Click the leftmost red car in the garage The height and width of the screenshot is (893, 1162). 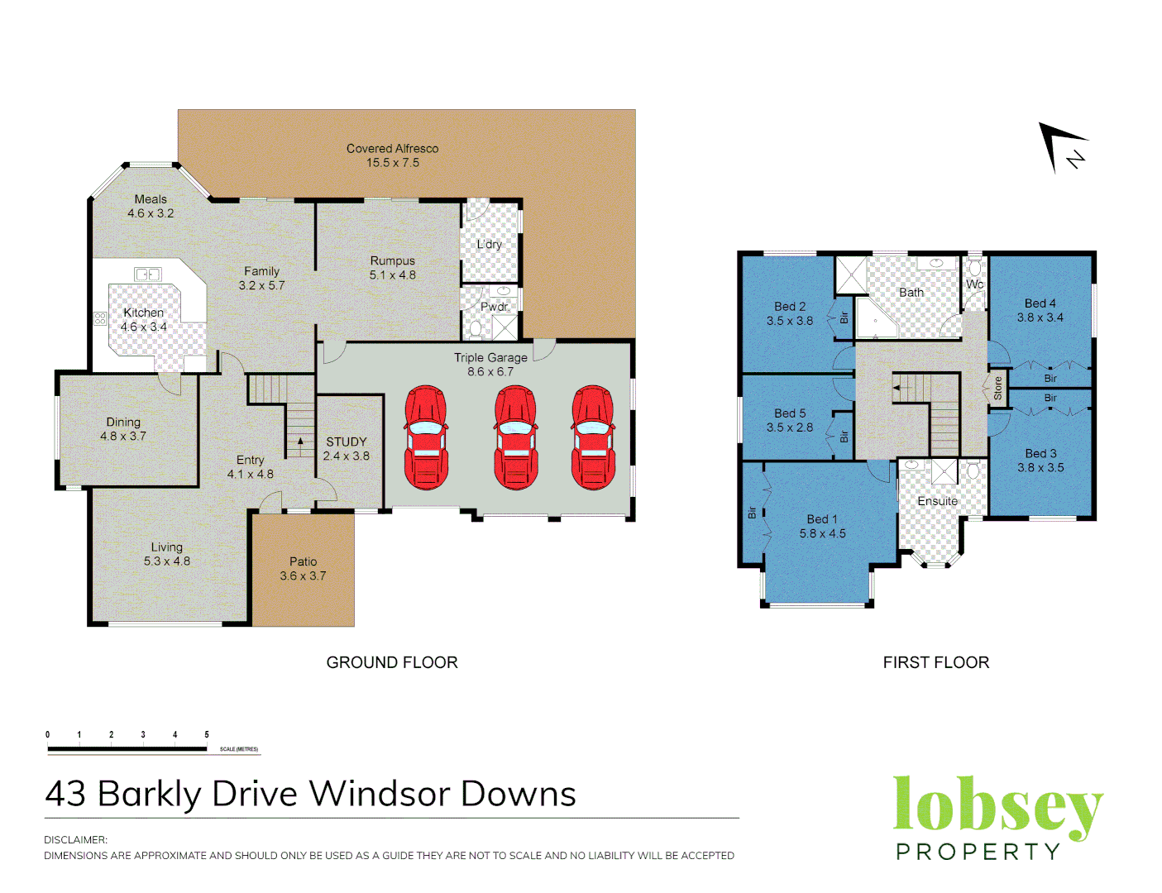[426, 437]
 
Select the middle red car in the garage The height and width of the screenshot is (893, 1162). [515, 437]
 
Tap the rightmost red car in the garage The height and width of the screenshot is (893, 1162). [593, 437]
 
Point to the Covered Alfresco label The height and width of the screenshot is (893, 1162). [392, 149]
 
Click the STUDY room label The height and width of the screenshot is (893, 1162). [346, 442]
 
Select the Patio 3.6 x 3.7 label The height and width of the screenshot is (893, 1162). [303, 569]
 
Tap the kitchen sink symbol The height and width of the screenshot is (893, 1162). [147, 274]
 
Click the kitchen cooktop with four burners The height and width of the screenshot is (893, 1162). [100, 318]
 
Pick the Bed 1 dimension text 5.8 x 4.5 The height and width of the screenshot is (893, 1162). [822, 534]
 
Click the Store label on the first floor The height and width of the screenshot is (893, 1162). [998, 388]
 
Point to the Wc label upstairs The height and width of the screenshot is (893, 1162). [974, 284]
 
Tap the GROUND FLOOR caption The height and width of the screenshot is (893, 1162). [392, 662]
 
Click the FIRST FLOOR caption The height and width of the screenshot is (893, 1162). [935, 662]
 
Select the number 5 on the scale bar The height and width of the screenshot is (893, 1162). [207, 734]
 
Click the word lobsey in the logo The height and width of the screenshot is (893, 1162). [997, 806]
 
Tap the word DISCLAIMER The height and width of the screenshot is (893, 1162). [75, 840]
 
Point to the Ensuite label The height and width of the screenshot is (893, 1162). [937, 501]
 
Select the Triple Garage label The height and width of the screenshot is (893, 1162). [490, 358]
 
